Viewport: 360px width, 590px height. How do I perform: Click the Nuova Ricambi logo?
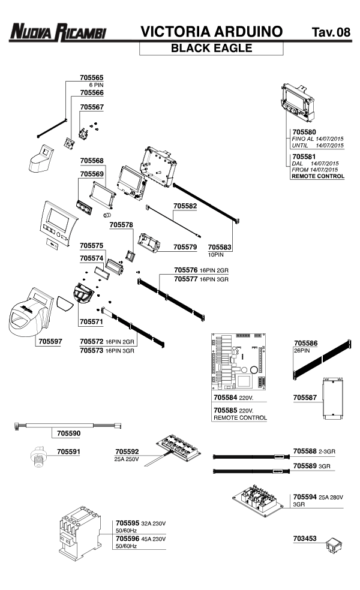click(58, 32)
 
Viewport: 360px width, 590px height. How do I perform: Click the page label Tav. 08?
click(331, 32)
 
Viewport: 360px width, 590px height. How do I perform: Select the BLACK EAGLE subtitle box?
click(211, 49)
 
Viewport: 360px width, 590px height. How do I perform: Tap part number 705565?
click(91, 77)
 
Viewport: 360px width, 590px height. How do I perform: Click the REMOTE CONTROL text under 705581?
click(317, 176)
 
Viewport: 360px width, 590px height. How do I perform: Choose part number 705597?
click(50, 341)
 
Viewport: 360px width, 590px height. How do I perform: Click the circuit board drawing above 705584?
click(240, 360)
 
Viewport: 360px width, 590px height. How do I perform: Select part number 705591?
click(68, 451)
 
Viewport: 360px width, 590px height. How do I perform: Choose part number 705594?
click(305, 497)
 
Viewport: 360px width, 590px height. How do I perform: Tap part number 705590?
click(68, 432)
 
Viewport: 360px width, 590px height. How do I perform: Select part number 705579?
click(185, 246)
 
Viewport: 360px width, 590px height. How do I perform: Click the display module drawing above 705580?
click(297, 101)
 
